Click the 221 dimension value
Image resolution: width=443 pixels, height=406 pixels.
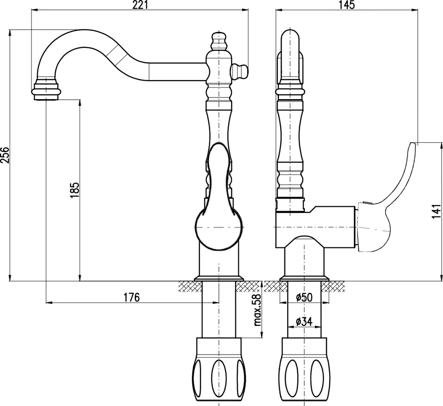(x=140, y=5)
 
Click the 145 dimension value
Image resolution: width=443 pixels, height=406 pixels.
(x=347, y=5)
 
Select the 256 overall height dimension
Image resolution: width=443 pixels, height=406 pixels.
(x=5, y=155)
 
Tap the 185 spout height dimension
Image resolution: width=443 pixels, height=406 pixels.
(x=75, y=190)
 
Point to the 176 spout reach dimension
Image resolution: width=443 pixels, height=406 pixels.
(x=132, y=297)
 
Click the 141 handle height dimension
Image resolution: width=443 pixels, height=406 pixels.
(x=436, y=212)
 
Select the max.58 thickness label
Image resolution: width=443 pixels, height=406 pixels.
(x=257, y=310)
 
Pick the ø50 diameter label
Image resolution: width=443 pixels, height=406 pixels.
(x=304, y=297)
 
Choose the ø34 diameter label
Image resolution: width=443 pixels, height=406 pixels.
(x=304, y=321)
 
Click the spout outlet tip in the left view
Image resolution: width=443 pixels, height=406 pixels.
(x=46, y=90)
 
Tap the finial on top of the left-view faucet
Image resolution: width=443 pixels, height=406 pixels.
(x=219, y=42)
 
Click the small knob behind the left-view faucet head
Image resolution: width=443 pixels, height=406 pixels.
(x=240, y=72)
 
